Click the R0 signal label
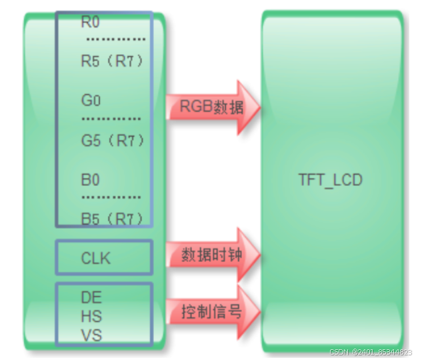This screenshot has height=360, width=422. [x=90, y=23]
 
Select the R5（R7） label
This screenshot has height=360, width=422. [x=112, y=61]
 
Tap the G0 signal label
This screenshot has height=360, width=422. [x=91, y=101]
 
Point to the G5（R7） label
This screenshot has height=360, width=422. [x=112, y=141]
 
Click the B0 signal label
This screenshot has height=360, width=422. [x=90, y=180]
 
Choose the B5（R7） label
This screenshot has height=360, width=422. [x=112, y=218]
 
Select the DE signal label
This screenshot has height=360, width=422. [x=91, y=297]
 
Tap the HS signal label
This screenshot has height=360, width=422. [x=91, y=316]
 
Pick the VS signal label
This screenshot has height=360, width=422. [x=91, y=335]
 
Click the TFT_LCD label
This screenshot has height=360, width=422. [x=331, y=180]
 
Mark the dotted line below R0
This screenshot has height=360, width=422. [x=111, y=39]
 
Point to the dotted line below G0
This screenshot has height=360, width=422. [x=111, y=119]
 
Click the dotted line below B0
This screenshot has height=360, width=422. [x=111, y=197]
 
